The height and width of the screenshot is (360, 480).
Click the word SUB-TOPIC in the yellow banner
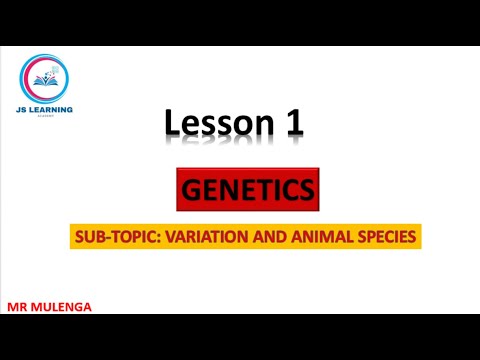tap(109, 239)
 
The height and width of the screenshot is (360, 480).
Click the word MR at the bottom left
tap(18, 307)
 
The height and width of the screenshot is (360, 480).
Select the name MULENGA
tap(62, 307)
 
